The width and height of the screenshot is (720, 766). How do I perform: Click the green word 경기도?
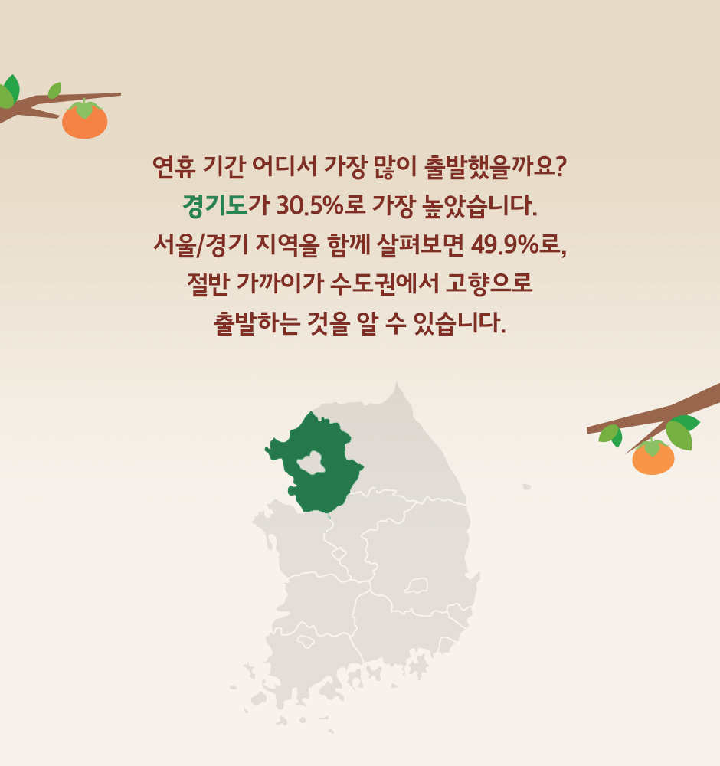(x=215, y=205)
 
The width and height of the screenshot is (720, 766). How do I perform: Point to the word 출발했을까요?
(x=494, y=167)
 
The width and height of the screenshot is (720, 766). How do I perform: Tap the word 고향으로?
(x=489, y=283)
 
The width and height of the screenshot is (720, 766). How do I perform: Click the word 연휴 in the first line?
(x=174, y=167)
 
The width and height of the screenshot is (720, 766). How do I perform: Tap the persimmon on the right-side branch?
(x=653, y=457)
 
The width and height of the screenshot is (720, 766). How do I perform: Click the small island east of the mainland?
(x=526, y=486)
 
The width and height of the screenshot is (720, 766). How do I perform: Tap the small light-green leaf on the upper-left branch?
(x=54, y=90)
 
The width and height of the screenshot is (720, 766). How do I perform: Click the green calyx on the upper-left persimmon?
(x=84, y=108)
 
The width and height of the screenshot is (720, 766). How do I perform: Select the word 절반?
(x=208, y=284)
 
